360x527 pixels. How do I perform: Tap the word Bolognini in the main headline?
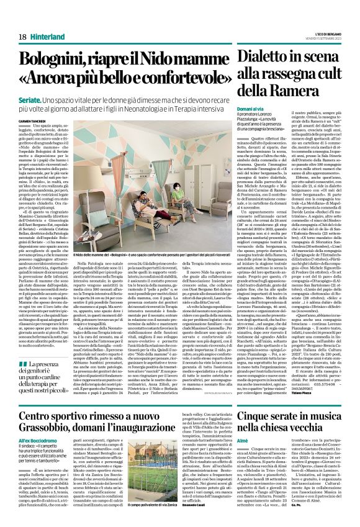coord(60,62)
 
